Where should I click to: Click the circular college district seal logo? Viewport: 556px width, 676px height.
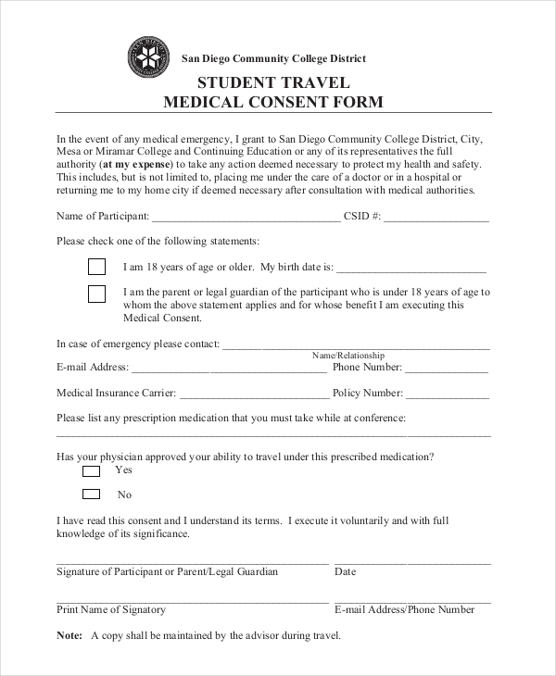[x=148, y=58]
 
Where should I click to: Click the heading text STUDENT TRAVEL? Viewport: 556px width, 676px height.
[x=273, y=81]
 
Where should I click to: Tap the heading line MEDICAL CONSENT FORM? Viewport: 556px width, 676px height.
[x=273, y=102]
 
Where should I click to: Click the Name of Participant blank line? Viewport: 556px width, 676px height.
[x=246, y=219]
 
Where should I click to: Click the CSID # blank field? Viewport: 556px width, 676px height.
[x=436, y=219]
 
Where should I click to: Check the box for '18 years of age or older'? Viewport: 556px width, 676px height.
[x=96, y=267]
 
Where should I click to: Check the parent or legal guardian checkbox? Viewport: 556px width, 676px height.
[x=96, y=294]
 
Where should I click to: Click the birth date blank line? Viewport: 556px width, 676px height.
[x=411, y=269]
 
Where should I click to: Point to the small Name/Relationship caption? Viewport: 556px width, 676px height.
[x=348, y=356]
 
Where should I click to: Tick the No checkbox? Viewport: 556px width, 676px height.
[x=91, y=494]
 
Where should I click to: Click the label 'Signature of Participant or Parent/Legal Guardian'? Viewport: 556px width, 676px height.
[x=167, y=571]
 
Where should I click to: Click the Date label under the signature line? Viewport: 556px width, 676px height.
[x=345, y=571]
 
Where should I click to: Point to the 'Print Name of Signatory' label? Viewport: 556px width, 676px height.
[x=111, y=609]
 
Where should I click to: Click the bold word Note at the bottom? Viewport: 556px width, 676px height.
[x=69, y=635]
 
